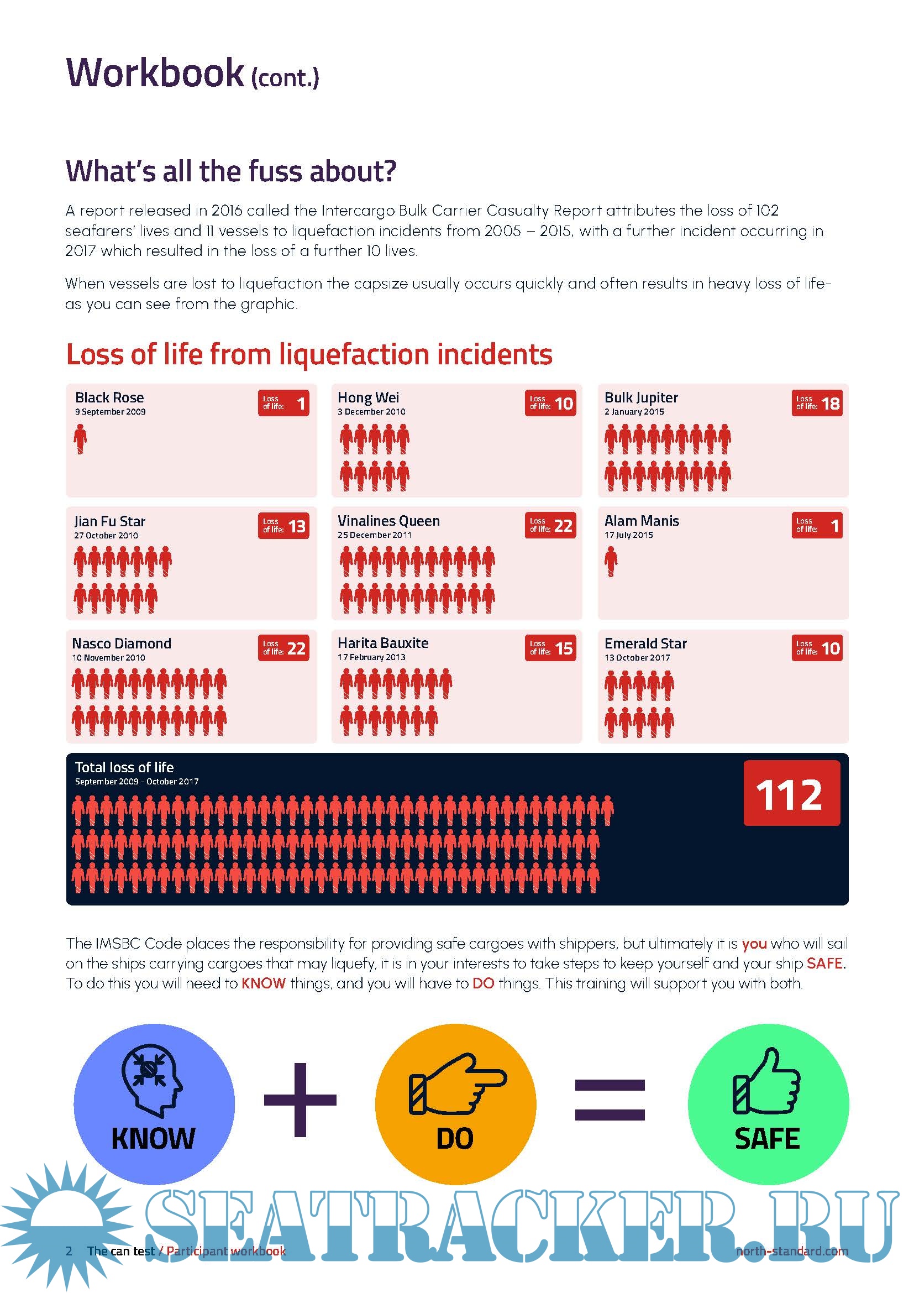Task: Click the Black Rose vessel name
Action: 109,397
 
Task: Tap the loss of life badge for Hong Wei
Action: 550,403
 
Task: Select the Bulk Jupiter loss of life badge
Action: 817,403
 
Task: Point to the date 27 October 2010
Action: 106,535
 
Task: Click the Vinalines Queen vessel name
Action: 388,521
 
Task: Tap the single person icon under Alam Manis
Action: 611,562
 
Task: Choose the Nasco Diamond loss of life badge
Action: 283,648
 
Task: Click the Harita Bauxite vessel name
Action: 383,643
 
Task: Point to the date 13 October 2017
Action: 637,657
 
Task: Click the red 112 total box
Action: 791,793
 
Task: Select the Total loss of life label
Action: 124,767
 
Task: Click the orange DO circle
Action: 455,1103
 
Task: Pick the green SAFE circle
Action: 768,1103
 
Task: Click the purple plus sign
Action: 300,1100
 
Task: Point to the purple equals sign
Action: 610,1100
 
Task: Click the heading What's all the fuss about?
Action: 231,171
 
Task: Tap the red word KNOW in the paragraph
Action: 264,983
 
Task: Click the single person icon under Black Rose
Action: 81,439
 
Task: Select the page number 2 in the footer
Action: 69,1251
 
